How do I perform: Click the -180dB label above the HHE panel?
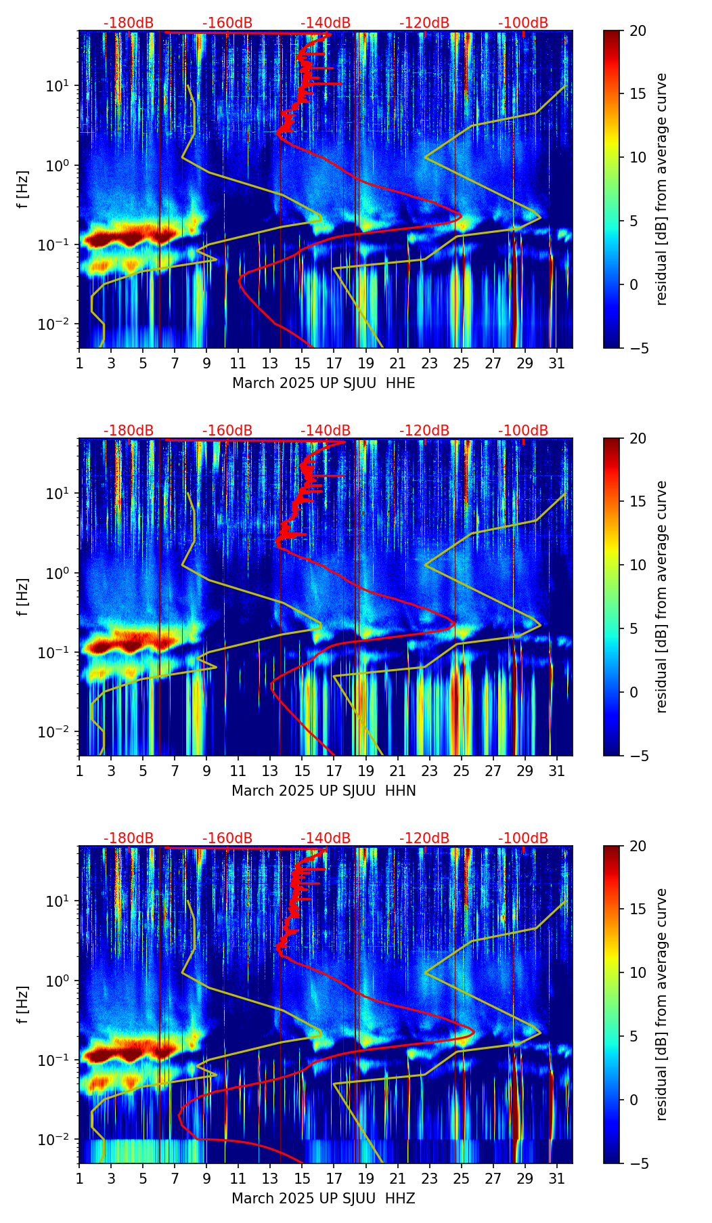129,23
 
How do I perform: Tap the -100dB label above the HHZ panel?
523,838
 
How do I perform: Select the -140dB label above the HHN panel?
326,431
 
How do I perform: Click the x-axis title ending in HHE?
324,383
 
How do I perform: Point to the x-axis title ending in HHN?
324,791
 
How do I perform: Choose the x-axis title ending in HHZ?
324,1199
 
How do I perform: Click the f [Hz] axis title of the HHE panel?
24,189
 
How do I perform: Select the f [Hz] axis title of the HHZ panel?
24,1004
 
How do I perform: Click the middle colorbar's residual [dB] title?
662,597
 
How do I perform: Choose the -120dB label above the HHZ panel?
424,838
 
